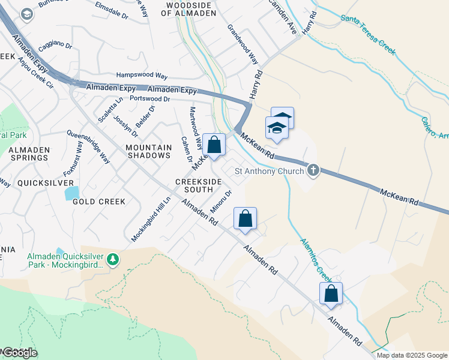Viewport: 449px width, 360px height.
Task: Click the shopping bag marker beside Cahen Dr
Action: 214,145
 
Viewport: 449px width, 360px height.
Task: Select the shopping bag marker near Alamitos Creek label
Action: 331,293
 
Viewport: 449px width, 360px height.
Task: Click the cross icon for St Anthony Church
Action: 312,171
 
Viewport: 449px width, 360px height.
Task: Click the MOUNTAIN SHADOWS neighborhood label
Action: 148,151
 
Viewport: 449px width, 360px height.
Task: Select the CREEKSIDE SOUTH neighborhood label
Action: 194,185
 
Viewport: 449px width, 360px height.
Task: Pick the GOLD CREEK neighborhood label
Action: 99,202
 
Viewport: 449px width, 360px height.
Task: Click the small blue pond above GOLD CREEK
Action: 71,193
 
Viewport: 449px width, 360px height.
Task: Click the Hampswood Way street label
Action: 142,76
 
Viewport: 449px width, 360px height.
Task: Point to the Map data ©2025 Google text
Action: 412,355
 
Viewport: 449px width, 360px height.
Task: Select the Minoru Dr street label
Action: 221,202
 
